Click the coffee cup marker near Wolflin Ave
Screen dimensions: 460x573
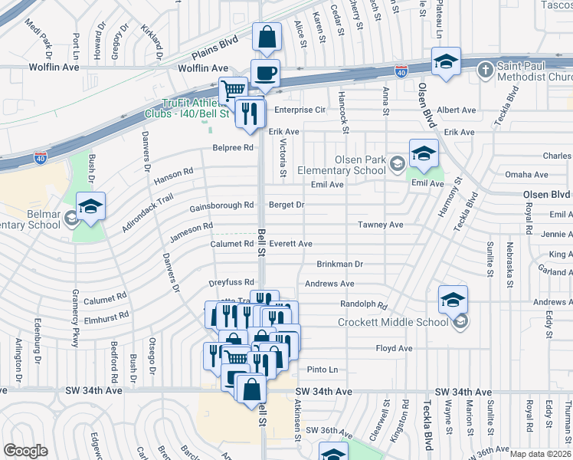tap(265, 74)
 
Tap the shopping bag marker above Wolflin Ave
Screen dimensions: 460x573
tap(266, 38)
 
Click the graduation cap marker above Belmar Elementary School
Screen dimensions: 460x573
tap(90, 207)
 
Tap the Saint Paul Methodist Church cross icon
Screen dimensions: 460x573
tap(485, 71)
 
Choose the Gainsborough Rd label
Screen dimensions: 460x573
tap(221, 205)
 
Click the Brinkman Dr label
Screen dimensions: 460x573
tap(339, 264)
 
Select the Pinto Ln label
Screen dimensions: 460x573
tap(323, 370)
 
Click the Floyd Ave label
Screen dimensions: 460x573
tap(394, 349)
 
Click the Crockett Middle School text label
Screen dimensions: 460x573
tap(395, 322)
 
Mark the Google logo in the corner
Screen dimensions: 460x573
tap(25, 450)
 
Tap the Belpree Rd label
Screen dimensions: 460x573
tap(233, 147)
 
